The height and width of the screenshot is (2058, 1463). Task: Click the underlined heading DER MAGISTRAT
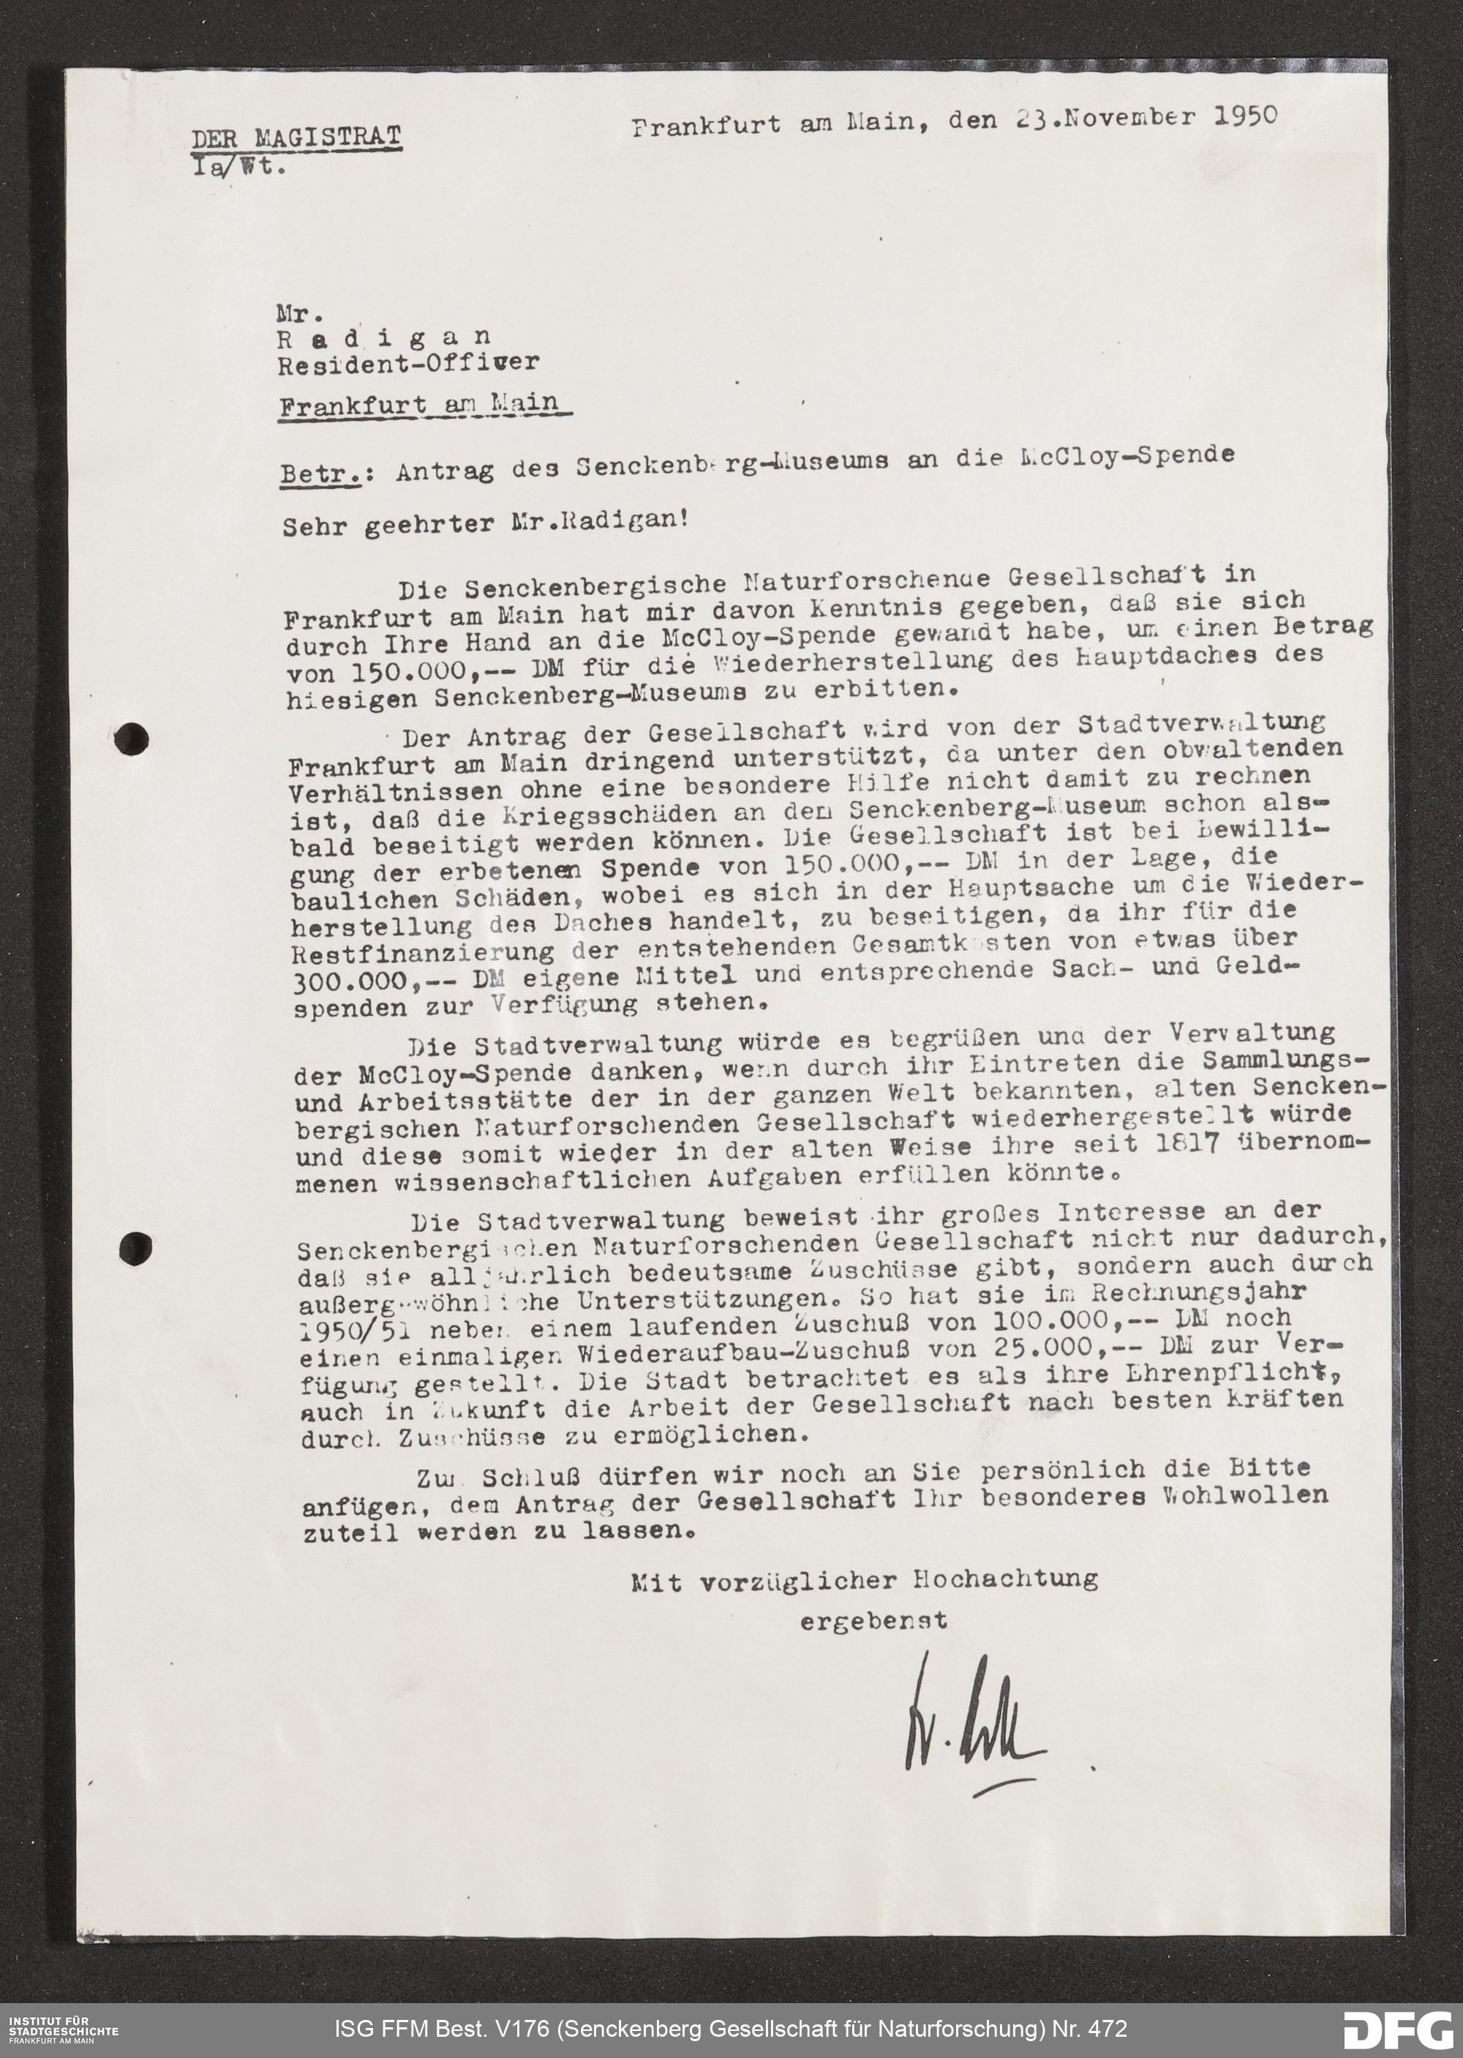(296, 137)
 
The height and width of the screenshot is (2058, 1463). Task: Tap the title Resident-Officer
(408, 363)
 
